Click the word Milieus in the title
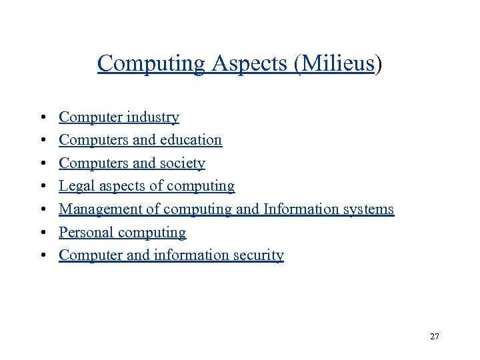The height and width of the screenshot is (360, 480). tap(339, 64)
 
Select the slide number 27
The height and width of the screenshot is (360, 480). tap(435, 337)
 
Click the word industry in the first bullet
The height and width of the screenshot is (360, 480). tap(151, 117)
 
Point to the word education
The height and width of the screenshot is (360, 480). tap(189, 140)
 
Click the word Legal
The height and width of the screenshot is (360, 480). tap(76, 186)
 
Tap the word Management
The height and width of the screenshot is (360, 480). tap(101, 209)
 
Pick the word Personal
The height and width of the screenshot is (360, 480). tap(85, 233)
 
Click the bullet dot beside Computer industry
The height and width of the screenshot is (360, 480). tap(42, 118)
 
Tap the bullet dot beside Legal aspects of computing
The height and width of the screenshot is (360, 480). tap(42, 187)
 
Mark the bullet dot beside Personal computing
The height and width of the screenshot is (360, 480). tap(42, 233)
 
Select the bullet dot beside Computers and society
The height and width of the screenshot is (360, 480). tap(42, 164)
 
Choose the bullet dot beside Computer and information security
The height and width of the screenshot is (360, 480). tap(42, 256)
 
